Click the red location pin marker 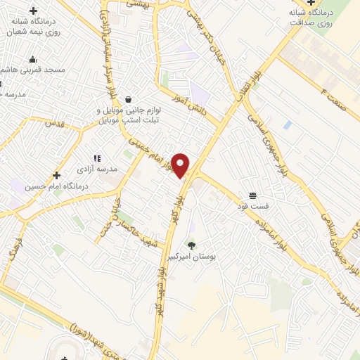[181, 165]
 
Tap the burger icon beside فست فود [252, 195]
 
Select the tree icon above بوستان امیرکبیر [191, 245]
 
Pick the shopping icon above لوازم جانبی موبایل [127, 99]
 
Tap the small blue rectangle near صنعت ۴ [287, 124]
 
